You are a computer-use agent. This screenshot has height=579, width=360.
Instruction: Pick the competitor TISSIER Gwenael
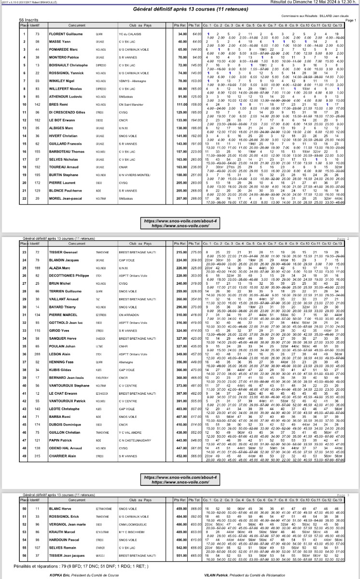(x=64, y=252)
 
